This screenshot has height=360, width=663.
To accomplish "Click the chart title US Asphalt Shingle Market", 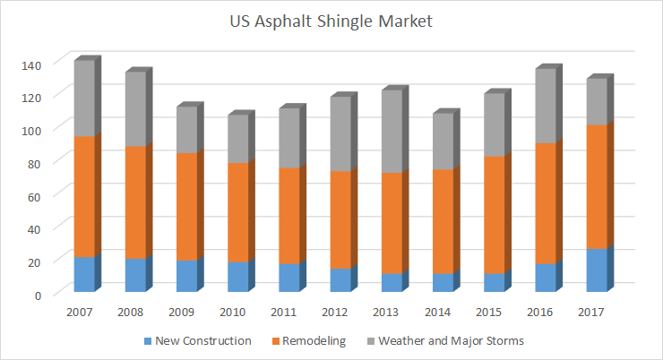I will pos(331,21).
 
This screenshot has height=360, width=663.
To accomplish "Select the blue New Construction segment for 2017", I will pos(598,270).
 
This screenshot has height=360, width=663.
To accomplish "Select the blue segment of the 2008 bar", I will pos(135,275).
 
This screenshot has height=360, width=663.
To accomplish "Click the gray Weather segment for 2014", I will pos(444,141).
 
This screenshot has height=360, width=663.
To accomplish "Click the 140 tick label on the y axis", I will pos(32,65).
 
